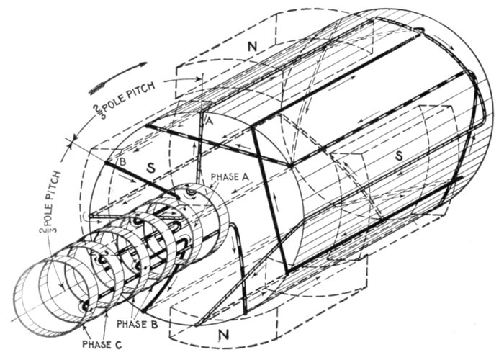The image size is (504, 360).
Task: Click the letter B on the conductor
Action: (122, 163)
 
